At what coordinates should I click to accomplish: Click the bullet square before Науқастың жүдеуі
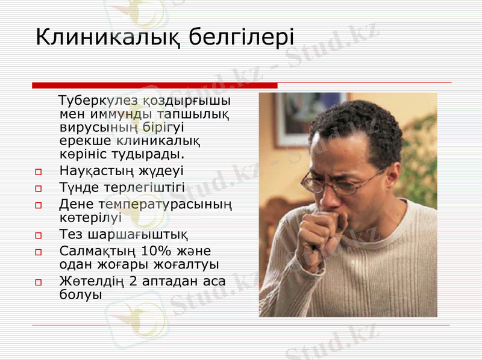(39, 172)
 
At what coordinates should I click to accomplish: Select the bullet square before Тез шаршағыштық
(39, 235)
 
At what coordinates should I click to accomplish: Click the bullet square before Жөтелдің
(39, 281)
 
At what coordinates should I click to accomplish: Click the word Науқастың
(96, 172)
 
